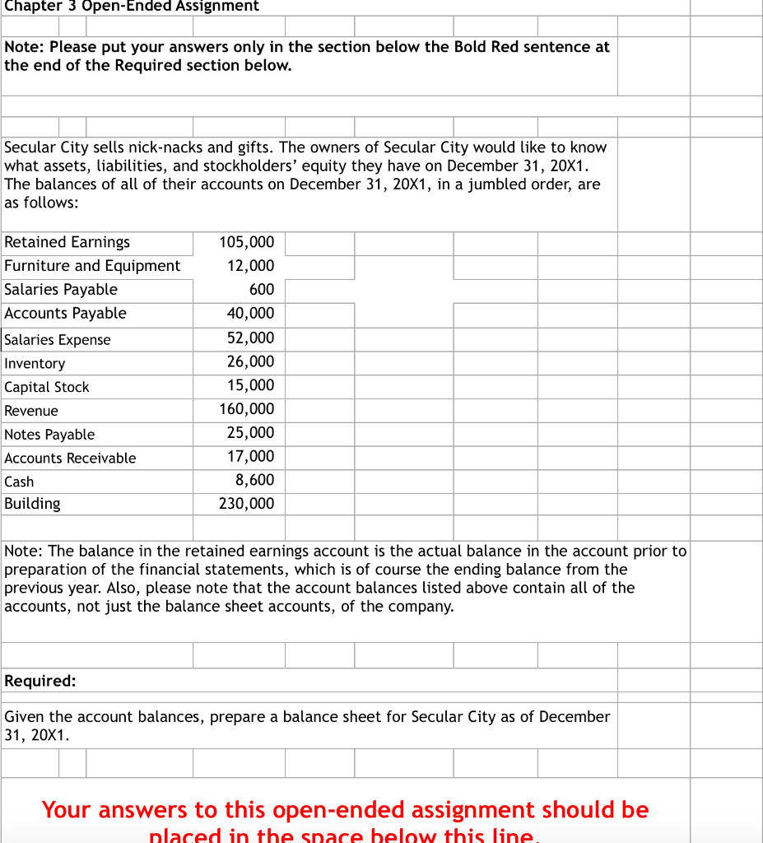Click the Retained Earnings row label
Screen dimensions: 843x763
tap(67, 242)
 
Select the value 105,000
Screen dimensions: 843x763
tap(247, 242)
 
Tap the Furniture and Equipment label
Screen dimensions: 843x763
tap(92, 266)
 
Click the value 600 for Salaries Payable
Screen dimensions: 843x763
tap(261, 290)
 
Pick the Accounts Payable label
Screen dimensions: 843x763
tap(66, 314)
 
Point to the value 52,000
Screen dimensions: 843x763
tap(250, 338)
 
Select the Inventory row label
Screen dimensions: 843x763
tap(35, 363)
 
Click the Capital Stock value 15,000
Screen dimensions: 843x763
tap(250, 386)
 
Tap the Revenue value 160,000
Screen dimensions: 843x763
tap(247, 409)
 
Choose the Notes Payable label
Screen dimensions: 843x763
tap(49, 435)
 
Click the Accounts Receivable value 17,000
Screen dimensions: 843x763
tap(250, 457)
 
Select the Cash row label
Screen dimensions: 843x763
tap(19, 482)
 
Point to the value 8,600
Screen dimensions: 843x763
tap(254, 480)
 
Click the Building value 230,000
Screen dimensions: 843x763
tap(247, 504)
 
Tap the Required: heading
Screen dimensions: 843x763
tap(40, 681)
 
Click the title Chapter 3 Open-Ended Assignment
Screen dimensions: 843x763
tap(132, 7)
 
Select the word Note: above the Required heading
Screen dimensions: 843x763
tap(24, 551)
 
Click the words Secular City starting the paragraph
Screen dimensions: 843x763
tap(49, 147)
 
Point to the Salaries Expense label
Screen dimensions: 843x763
tap(58, 340)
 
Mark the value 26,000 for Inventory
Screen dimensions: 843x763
tap(250, 362)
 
